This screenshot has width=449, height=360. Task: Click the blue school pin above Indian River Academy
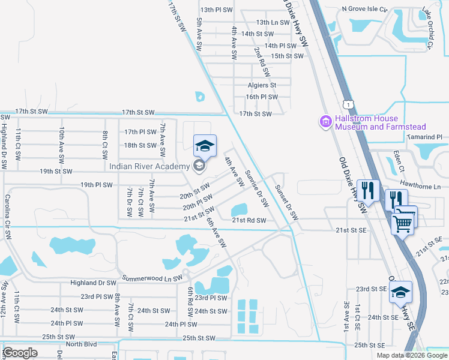pos(203,146)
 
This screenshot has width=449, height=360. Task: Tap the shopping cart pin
pos(403,222)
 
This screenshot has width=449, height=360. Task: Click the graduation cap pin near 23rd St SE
pos(399,292)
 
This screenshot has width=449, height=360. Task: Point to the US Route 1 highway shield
pos(348,104)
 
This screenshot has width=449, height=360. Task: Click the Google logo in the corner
pos(20,352)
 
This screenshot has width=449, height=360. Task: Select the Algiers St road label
pos(262,86)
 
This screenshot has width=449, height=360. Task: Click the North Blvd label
pos(81,344)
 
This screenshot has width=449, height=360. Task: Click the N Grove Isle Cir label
pos(366,9)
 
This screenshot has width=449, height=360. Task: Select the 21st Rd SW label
pos(249,221)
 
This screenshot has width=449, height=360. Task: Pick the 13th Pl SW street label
pos(216,10)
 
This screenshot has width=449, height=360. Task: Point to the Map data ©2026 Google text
pos(412,355)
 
